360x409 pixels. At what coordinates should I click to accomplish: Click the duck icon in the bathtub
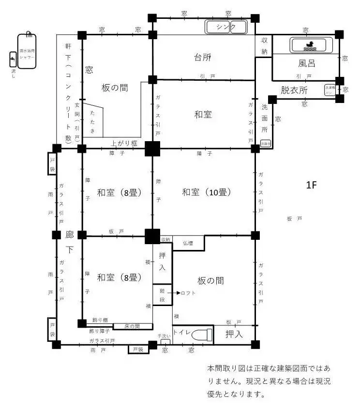point(308,45)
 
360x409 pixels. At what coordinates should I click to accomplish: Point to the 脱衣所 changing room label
point(294,90)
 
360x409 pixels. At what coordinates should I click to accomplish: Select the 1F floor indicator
point(311,184)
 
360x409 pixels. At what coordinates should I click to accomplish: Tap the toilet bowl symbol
point(202,335)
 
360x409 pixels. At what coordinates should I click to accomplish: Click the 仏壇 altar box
point(188,243)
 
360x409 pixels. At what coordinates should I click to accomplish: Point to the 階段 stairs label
point(162,292)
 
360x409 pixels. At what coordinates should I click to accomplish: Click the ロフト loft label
point(189,293)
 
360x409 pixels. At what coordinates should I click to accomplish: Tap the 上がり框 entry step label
point(124,143)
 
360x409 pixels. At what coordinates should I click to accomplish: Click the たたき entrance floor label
point(92,121)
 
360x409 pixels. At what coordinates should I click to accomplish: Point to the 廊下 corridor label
point(70,242)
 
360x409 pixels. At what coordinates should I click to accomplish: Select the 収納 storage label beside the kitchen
point(264,46)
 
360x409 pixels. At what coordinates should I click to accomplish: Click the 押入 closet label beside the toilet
point(235,334)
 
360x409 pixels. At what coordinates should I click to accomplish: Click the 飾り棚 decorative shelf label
point(100,320)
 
